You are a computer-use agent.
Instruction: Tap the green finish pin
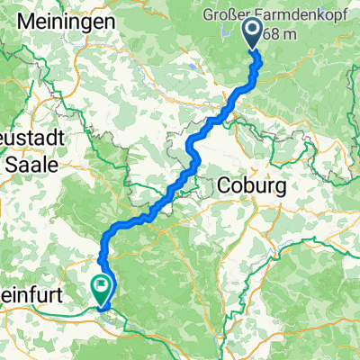101,289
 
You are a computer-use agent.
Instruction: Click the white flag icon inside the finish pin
101,287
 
